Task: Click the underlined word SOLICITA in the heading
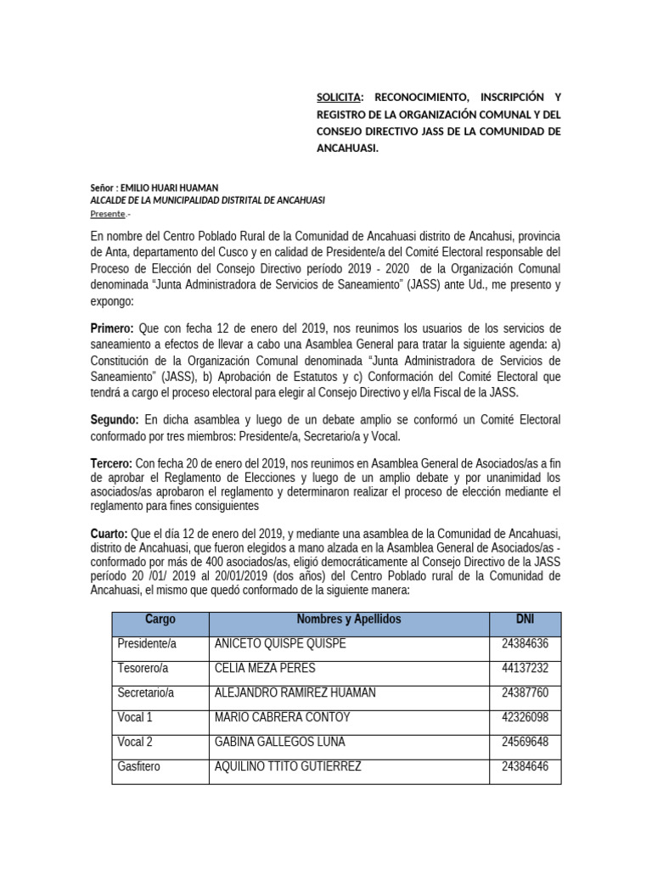(x=338, y=97)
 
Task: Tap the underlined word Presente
(x=107, y=214)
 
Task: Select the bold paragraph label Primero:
(x=112, y=328)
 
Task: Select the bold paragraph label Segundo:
(x=115, y=420)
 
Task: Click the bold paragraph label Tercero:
(x=111, y=464)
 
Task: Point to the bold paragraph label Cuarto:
(x=110, y=533)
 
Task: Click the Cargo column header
(x=160, y=620)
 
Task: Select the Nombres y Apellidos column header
(x=348, y=620)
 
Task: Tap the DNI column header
(x=525, y=620)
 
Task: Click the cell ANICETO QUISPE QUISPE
(x=280, y=643)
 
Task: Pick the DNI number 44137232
(x=525, y=668)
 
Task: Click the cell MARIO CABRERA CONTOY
(x=282, y=717)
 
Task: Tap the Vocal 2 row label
(x=135, y=742)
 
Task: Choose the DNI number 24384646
(x=525, y=766)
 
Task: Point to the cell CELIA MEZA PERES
(x=267, y=668)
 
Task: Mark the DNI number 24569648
(x=525, y=742)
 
